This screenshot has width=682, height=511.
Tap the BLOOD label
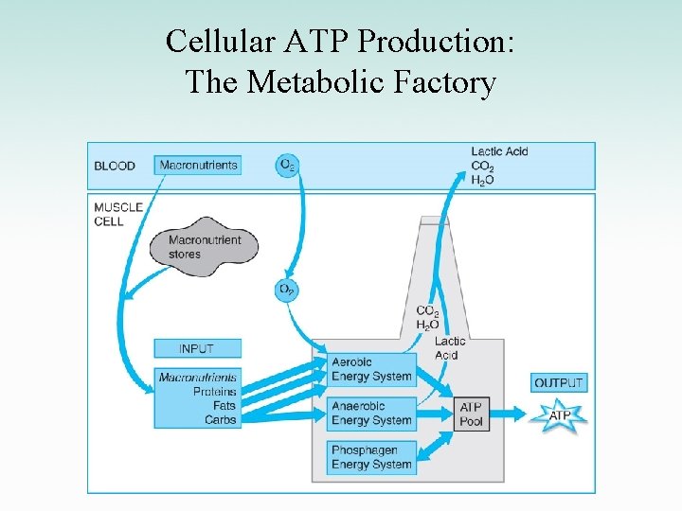tap(115, 166)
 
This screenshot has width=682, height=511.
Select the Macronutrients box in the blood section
tap(197, 165)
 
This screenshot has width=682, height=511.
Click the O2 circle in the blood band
tap(286, 165)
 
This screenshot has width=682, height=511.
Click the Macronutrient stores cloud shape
tap(204, 246)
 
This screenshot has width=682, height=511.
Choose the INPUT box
tap(197, 348)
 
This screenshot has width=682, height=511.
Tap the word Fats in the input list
tap(224, 406)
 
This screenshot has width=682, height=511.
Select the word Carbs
tap(220, 420)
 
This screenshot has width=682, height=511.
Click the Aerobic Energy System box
tap(371, 369)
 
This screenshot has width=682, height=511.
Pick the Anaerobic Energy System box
tap(371, 414)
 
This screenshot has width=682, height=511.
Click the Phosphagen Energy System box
tap(371, 457)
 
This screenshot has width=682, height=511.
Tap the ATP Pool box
tap(472, 414)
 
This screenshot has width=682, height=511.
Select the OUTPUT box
tap(559, 382)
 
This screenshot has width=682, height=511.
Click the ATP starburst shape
tap(560, 415)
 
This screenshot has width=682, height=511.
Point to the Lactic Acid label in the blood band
tap(499, 151)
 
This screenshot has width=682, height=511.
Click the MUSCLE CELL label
tap(118, 214)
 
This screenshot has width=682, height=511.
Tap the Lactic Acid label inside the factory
tap(449, 348)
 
